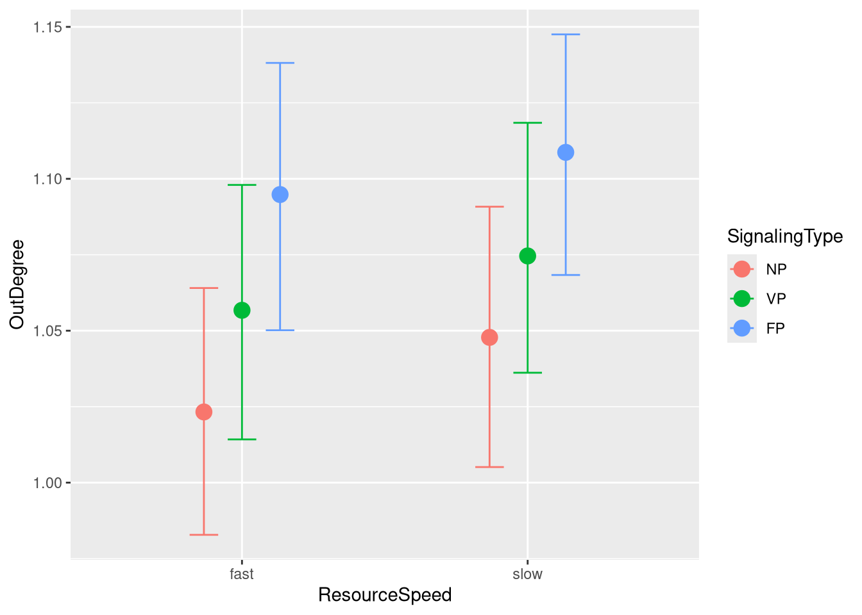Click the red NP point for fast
[x=204, y=412]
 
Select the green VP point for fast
[x=242, y=310]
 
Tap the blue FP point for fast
[x=280, y=195]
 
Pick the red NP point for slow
[x=489, y=338]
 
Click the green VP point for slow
[x=528, y=256]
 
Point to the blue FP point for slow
[x=566, y=152]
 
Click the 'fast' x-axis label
[x=242, y=574]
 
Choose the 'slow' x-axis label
[x=528, y=574]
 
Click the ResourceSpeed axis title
[x=385, y=595]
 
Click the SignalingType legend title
[x=785, y=236]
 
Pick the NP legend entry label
[x=776, y=269]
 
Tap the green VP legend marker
[x=742, y=299]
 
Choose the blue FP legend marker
[x=742, y=328]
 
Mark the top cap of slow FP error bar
[x=566, y=35]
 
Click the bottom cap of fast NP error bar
[x=204, y=534]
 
